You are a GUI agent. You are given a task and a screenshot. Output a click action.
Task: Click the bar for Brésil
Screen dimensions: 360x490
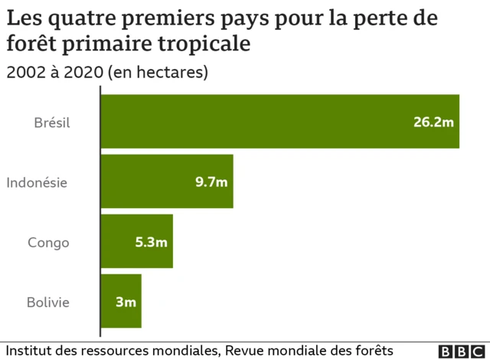(280, 121)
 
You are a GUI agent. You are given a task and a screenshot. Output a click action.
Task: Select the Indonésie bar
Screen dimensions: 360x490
(167, 182)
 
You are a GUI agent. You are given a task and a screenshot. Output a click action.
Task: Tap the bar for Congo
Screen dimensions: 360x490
(137, 241)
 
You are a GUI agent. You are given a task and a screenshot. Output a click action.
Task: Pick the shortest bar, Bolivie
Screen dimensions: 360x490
(121, 301)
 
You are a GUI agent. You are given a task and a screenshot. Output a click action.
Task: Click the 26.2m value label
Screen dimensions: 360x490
(433, 122)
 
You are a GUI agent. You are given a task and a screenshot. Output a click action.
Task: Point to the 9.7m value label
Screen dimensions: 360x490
(211, 182)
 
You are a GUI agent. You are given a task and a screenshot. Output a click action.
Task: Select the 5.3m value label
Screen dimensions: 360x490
(151, 242)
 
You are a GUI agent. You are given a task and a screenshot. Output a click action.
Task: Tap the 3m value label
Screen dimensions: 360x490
(126, 302)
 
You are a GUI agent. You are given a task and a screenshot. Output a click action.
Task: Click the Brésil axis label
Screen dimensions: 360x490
(52, 122)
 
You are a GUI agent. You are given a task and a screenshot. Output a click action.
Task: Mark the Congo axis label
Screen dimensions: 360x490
(48, 242)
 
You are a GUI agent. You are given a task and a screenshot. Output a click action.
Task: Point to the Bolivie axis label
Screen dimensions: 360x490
(48, 302)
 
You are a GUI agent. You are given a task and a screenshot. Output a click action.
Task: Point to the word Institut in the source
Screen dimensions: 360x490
(29, 349)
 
